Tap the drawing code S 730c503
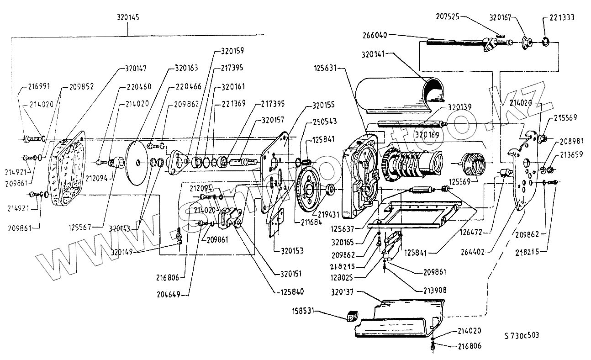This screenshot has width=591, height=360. pyautogui.click(x=522, y=335)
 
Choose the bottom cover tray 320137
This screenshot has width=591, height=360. pyautogui.click(x=397, y=320)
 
